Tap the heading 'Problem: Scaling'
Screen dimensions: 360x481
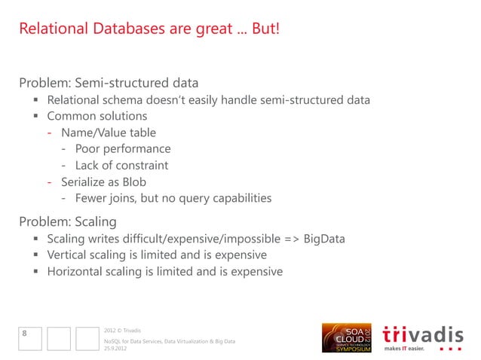click(x=68, y=221)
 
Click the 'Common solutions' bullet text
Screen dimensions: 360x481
click(x=97, y=117)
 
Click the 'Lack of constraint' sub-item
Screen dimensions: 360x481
click(x=125, y=166)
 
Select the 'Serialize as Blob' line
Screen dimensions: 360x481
click(x=109, y=182)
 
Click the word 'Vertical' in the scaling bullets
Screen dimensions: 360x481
click(x=69, y=255)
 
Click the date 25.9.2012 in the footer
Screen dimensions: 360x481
click(x=115, y=349)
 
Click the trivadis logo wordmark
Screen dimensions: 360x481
click(x=423, y=333)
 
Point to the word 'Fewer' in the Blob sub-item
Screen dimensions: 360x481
click(x=91, y=199)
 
